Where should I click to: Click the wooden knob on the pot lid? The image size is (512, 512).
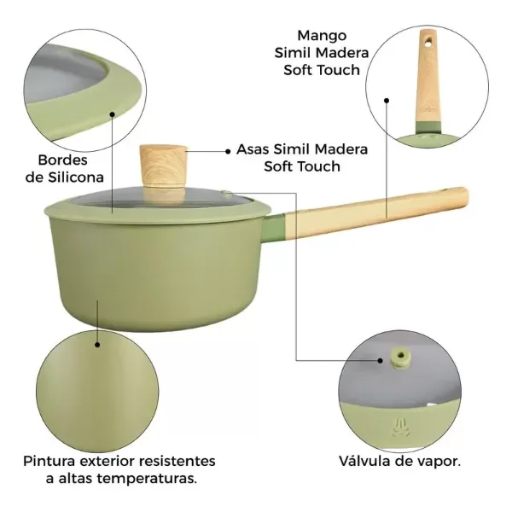[163, 166]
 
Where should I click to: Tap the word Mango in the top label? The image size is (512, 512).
[322, 36]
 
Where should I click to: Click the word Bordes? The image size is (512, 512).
[62, 160]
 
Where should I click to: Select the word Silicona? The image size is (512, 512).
[76, 177]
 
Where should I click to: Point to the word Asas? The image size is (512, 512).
[253, 149]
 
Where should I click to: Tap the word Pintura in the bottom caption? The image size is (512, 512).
[49, 462]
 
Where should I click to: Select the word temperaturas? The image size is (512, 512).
[147, 479]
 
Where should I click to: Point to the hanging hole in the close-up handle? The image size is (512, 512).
[428, 40]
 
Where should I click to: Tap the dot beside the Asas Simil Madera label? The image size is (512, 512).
[228, 151]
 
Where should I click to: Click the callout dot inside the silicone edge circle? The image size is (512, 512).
[113, 114]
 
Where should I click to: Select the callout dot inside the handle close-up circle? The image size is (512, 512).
[387, 101]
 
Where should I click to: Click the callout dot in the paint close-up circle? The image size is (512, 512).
[97, 345]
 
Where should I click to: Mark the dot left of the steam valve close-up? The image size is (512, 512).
[380, 360]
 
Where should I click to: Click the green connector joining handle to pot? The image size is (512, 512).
[274, 228]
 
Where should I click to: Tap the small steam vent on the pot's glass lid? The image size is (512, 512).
[226, 194]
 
